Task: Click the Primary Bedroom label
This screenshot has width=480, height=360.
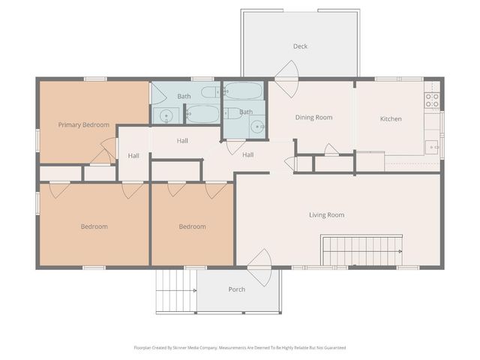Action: [84, 124]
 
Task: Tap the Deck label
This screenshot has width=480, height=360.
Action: [300, 46]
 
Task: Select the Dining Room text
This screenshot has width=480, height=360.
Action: [313, 118]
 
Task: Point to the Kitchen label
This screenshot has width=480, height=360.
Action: [391, 118]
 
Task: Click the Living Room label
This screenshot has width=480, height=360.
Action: [326, 214]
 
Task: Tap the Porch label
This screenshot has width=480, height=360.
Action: [236, 289]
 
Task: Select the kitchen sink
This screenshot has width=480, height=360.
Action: [432, 147]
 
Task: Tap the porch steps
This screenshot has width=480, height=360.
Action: [176, 291]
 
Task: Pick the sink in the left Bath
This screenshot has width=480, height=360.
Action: [166, 115]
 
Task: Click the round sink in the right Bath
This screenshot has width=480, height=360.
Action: [257, 126]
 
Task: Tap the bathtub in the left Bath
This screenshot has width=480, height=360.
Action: [202, 113]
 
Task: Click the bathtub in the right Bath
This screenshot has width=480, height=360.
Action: [242, 91]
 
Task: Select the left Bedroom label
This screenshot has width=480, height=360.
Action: [94, 226]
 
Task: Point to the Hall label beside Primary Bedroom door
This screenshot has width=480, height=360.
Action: [133, 156]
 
